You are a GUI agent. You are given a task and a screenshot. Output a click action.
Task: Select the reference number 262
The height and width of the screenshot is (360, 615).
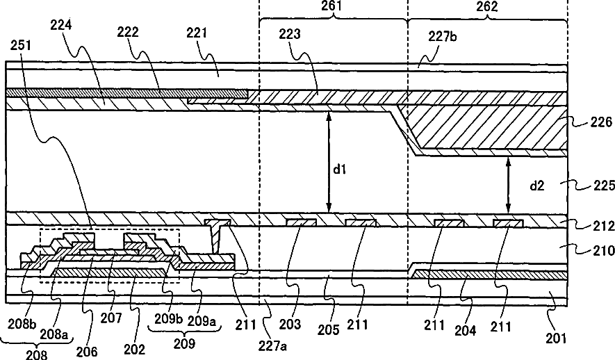point(486,7)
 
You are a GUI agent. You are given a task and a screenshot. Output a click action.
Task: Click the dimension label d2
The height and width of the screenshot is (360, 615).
point(537,186)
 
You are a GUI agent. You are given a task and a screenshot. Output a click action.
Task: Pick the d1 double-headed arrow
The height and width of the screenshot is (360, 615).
point(330,161)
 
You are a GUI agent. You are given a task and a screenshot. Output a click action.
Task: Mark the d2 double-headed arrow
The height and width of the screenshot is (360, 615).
point(509,185)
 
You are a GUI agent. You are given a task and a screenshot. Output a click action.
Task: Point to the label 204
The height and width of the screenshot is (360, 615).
point(464,331)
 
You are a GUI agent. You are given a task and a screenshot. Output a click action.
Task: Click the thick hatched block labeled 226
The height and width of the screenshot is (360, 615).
point(486,129)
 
